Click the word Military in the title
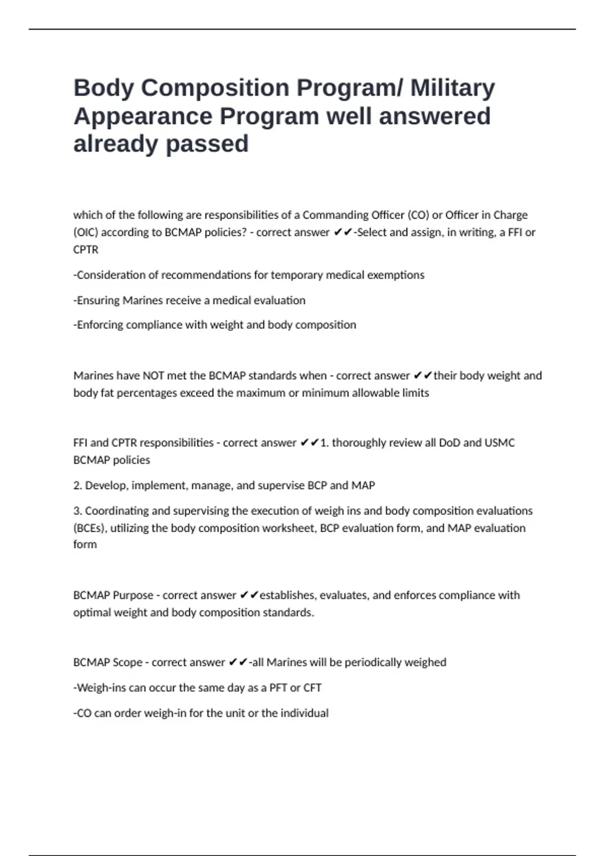pyautogui.click(x=452, y=88)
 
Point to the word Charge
pyautogui.click(x=510, y=215)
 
